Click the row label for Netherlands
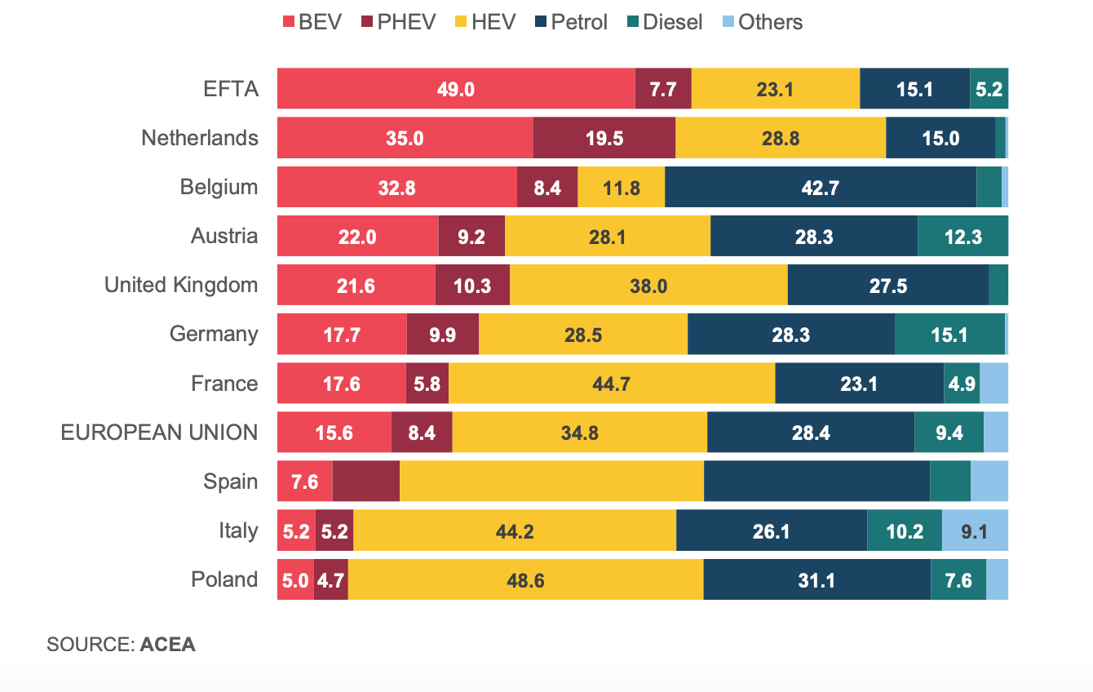coord(200,138)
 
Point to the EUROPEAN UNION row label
coord(160,432)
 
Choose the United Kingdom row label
coord(181,285)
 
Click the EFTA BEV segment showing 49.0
coord(455,89)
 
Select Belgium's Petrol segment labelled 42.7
coord(820,187)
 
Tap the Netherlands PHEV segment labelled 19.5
coord(604,138)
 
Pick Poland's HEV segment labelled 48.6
coord(525,579)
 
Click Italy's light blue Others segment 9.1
coord(975,530)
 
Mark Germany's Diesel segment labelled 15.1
coord(949,334)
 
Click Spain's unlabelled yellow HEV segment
coord(551,481)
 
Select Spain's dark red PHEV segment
coord(366,481)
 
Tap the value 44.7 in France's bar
coord(611,383)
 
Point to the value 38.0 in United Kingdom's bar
coord(648,285)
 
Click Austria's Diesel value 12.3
coord(962,236)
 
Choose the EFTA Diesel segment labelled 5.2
coord(989,89)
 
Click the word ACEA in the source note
coord(168,645)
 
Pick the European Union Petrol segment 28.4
coord(810,432)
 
